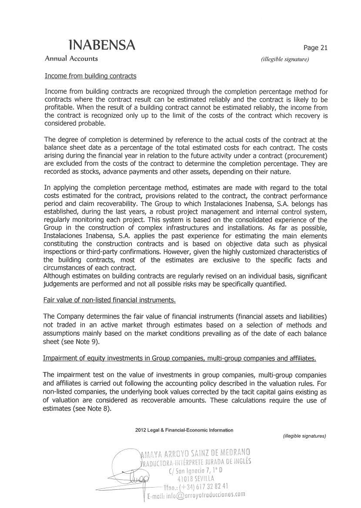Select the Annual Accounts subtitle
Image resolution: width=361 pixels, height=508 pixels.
tap(71, 59)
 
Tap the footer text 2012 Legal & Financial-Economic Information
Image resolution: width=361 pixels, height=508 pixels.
tap(184, 430)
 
